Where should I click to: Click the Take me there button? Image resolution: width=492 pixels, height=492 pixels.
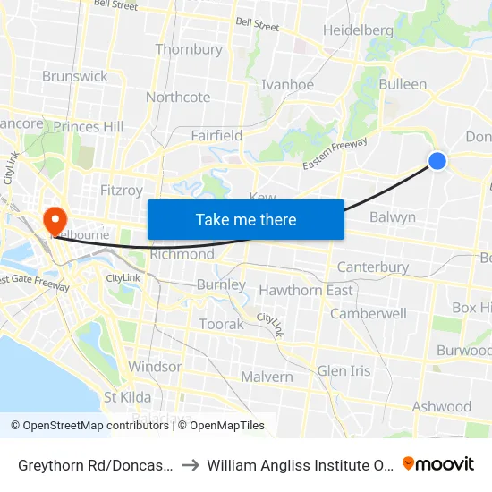point(246,219)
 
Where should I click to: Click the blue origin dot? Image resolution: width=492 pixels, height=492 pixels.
point(437,160)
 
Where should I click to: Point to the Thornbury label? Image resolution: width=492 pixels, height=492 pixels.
point(189,49)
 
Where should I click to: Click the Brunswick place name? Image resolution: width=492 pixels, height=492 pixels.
point(74,76)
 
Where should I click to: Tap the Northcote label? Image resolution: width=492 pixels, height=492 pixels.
point(178,97)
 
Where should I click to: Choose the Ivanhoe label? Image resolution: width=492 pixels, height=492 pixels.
point(287,85)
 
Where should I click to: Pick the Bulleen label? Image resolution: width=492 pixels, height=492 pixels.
point(403,84)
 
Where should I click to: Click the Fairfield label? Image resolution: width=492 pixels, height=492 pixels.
point(216,135)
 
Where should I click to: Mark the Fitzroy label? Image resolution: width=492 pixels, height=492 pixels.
point(122,190)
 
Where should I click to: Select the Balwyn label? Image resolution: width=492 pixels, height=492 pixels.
point(393,216)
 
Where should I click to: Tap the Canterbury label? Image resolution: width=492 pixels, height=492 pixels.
point(373,267)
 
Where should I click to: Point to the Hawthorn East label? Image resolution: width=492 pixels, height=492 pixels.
point(305,290)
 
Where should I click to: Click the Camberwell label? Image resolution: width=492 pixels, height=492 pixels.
point(369,313)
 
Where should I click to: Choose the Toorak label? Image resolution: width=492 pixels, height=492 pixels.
point(221,324)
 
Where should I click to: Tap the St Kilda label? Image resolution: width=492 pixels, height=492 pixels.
point(127,396)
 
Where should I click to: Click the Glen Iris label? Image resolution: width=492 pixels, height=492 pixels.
point(344,370)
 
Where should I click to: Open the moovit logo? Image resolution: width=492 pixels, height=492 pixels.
point(438,463)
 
